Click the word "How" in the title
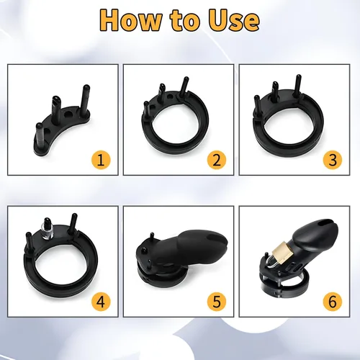click(130, 20)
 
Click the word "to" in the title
click(184, 22)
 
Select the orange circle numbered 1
click(101, 160)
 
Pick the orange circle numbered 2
click(217, 160)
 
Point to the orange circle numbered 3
click(333, 160)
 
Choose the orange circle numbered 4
click(101, 302)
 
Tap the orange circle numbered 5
click(217, 302)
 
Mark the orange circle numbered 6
click(333, 302)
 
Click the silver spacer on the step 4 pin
click(48, 229)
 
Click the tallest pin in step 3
click(297, 86)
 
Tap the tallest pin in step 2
click(185, 86)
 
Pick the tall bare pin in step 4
click(73, 223)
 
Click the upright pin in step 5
click(152, 237)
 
